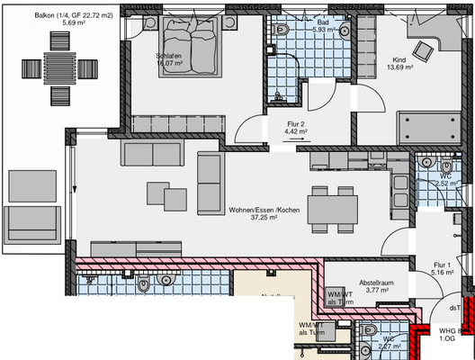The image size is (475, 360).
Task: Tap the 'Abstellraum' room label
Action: coord(378,281)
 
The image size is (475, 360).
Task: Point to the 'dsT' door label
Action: coord(455,307)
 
